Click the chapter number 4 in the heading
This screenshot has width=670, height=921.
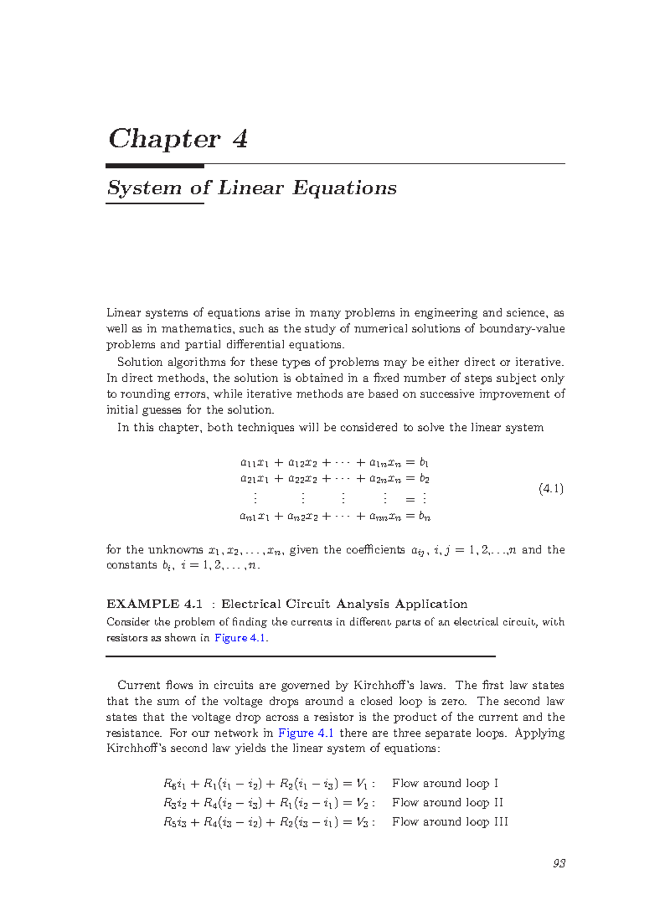pos(240,138)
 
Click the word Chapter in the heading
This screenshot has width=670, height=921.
pos(164,139)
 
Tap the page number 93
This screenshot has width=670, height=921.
pos(559,864)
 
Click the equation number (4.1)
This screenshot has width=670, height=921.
pos(551,489)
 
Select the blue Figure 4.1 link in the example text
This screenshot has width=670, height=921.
pos(240,637)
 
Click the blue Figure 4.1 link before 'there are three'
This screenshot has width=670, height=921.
pos(305,733)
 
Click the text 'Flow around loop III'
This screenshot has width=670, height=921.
pos(449,822)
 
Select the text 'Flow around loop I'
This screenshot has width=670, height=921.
pos(444,783)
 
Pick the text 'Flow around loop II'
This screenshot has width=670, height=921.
pos(447,803)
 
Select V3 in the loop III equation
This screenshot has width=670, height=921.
pos(362,822)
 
